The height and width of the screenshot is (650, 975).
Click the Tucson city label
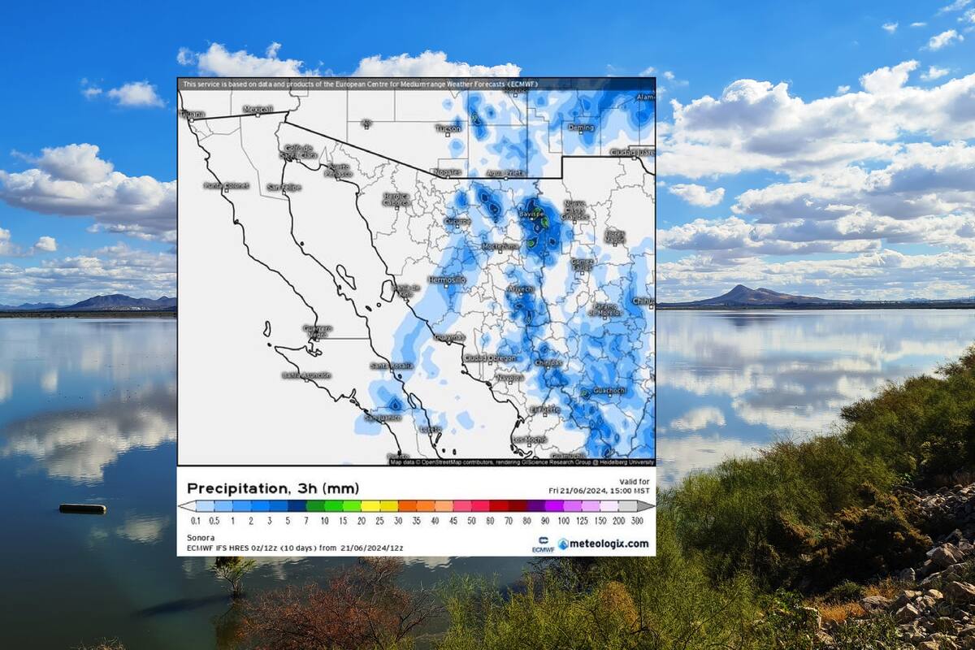[448, 128]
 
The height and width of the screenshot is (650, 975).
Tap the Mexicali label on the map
[258, 109]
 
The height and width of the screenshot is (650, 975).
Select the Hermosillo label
[447, 279]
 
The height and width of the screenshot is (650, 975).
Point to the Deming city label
[581, 128]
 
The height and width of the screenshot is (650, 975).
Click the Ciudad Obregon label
[490, 357]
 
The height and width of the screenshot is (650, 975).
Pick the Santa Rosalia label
[392, 366]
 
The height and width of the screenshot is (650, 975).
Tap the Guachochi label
[609, 390]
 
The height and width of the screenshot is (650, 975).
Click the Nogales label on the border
[447, 172]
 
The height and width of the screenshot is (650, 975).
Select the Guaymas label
[450, 336]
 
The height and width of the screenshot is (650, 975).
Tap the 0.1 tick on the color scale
[196, 520]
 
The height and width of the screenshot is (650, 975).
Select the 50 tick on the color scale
[471, 520]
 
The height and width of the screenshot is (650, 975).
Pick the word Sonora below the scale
[201, 537]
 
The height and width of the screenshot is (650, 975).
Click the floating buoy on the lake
[82, 509]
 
